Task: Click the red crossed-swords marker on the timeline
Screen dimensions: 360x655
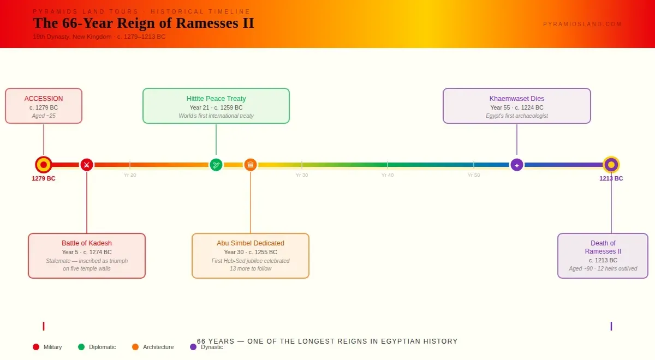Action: point(86,165)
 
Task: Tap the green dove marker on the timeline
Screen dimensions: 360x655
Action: point(216,165)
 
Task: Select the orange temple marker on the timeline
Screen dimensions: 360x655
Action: point(251,165)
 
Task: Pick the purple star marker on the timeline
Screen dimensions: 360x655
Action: point(517,165)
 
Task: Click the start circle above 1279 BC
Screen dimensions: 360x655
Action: point(44,165)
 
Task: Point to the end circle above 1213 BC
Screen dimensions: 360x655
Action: point(611,165)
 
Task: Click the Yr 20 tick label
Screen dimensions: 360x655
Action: point(130,175)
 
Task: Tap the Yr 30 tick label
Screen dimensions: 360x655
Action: point(302,175)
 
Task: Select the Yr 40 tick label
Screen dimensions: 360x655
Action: point(388,175)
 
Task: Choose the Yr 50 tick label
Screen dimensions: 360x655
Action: point(474,175)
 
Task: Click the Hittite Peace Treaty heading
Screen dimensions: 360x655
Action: point(216,99)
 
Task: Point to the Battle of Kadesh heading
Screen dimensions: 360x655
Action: point(87,243)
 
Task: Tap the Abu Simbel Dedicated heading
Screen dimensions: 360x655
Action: point(251,243)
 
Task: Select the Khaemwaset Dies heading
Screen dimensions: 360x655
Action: point(517,99)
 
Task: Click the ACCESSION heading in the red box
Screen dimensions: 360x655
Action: point(44,99)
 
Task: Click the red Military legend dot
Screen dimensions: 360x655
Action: point(36,347)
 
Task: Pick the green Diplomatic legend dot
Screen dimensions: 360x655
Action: point(81,347)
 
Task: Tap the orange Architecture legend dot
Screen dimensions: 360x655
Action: point(135,347)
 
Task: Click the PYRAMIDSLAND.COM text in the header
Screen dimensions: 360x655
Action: point(582,24)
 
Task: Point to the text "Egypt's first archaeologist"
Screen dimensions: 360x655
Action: point(517,116)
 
